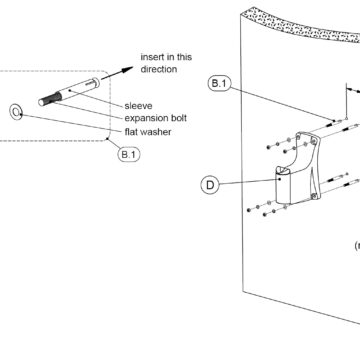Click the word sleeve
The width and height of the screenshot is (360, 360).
click(138, 106)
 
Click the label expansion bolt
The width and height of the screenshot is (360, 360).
click(156, 118)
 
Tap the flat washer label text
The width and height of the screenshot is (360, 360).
click(148, 132)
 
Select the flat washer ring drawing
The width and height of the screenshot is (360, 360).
click(16, 112)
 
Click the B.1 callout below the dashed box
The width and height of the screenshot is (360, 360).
click(129, 154)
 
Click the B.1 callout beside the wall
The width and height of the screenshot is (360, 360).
click(219, 83)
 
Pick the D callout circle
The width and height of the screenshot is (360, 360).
click(210, 185)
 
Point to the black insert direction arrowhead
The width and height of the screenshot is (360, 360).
click(127, 70)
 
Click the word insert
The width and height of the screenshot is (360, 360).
click(152, 57)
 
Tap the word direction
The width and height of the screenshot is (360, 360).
click(159, 69)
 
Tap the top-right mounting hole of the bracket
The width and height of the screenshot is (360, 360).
click(313, 142)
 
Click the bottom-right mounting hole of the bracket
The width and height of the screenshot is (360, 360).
click(314, 197)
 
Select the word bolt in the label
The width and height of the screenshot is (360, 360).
click(180, 118)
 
